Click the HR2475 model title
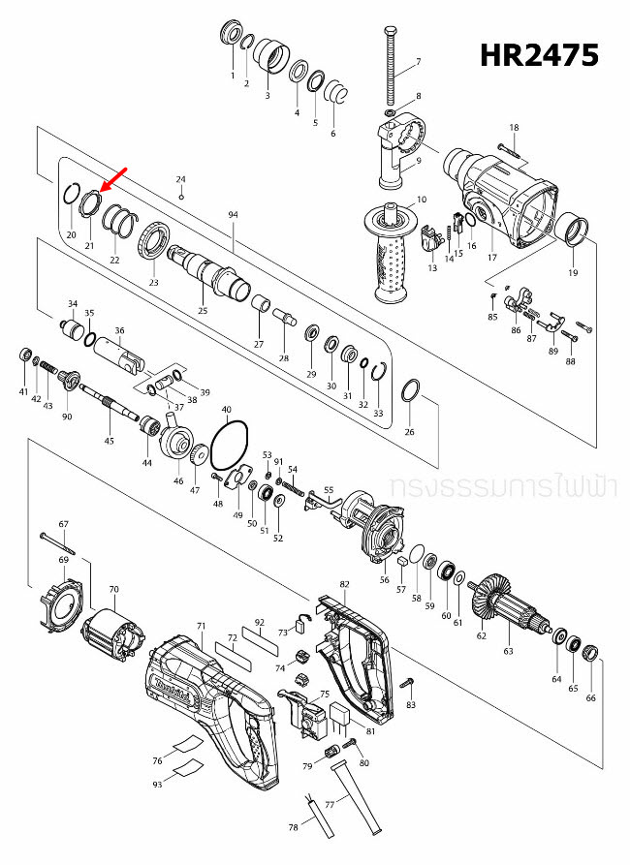540,55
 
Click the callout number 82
344,585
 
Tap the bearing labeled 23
155,241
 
